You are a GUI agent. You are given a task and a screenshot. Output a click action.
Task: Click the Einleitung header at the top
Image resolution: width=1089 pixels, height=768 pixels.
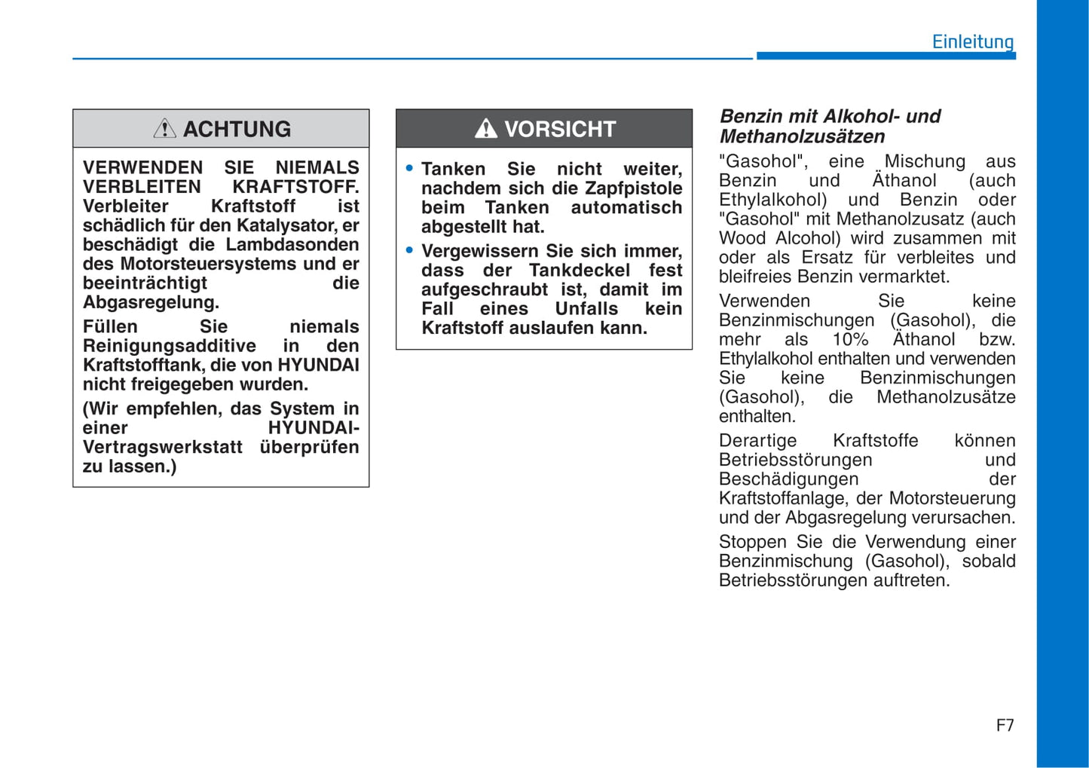pos(972,41)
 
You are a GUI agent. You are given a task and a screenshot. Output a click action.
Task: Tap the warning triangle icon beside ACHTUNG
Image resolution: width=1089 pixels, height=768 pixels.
pos(164,129)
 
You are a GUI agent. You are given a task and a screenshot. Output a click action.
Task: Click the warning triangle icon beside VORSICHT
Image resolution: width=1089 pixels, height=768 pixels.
pos(485,129)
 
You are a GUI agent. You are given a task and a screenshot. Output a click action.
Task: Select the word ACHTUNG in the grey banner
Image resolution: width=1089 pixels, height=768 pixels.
pos(237,129)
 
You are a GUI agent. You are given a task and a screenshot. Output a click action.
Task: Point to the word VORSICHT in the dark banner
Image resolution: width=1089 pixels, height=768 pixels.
pos(560,129)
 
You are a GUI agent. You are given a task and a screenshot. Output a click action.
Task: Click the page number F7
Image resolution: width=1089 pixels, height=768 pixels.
pos(1005,725)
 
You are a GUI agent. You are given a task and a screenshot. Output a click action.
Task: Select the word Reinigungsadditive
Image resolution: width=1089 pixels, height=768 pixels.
pos(170,346)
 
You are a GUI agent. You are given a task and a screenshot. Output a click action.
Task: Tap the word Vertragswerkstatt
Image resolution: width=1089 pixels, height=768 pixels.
pos(163,447)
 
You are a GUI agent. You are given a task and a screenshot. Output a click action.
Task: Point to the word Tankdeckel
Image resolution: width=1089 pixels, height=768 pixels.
pos(580,270)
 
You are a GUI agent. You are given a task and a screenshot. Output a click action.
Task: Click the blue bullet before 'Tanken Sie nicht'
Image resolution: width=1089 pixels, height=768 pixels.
pos(409,168)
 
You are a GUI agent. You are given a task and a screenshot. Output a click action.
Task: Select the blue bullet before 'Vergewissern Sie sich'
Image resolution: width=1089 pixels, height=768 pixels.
pos(409,250)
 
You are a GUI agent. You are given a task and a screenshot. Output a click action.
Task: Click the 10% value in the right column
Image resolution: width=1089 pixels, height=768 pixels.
pos(850,340)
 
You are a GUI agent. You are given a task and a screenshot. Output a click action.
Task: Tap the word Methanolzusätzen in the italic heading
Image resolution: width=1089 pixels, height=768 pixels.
pos(802,136)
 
